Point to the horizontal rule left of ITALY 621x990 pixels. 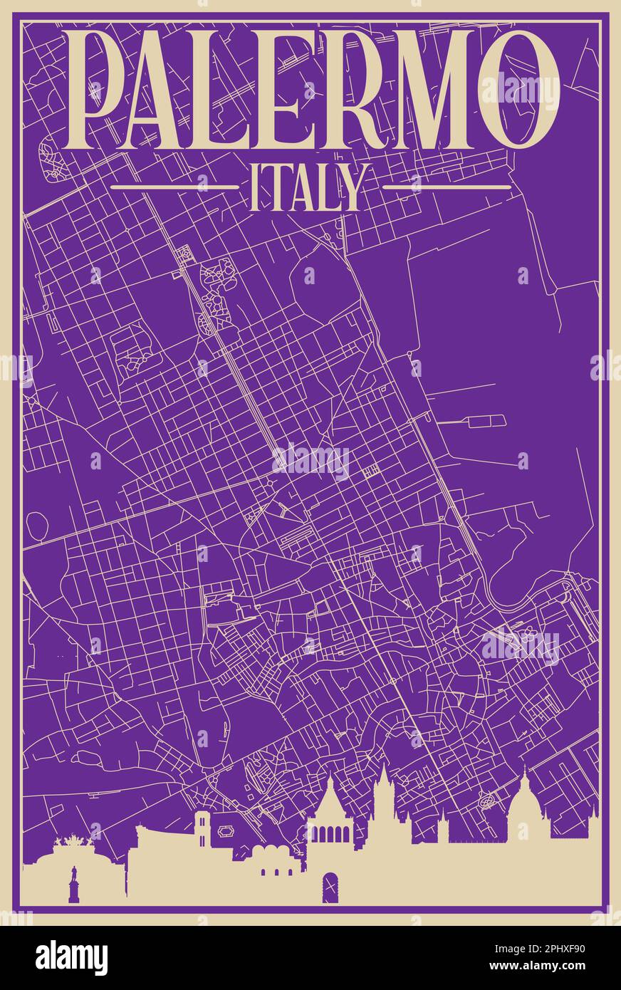(174, 187)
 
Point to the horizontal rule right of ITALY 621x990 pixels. (447, 187)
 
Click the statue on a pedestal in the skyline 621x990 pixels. (73, 883)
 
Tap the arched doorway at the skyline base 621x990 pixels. (330, 886)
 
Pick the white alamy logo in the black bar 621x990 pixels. (71, 957)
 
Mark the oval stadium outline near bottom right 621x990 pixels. (489, 801)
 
